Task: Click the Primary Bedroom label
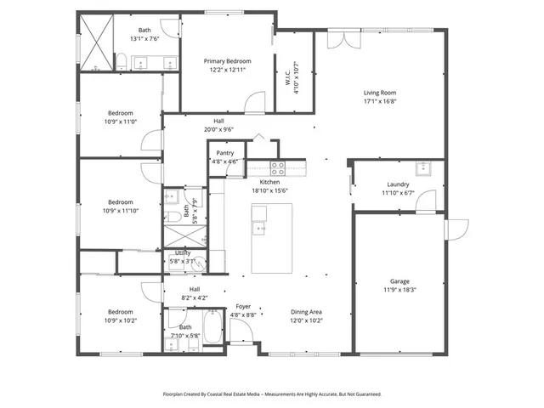[x=227, y=61]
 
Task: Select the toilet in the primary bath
[x=122, y=61]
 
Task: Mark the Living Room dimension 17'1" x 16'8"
[x=380, y=103]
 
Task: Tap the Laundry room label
[x=398, y=184]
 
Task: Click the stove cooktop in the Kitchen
[x=276, y=166]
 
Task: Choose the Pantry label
[x=225, y=153]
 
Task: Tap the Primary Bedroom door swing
[x=253, y=104]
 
